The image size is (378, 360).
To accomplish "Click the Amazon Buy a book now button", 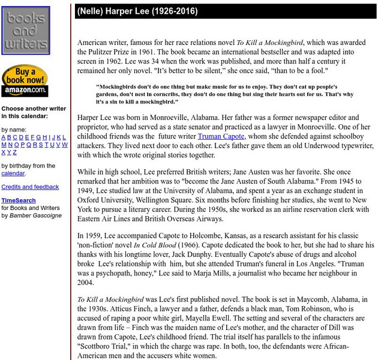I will pos(25,81).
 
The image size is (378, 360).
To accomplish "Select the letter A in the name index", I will pos(4,137).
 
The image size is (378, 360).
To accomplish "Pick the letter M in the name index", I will pos(4,145).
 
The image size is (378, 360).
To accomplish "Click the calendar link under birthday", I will pos(13,173).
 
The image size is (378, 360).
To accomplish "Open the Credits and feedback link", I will pos(30,187).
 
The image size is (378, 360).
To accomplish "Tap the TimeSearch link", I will pos(18,200).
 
